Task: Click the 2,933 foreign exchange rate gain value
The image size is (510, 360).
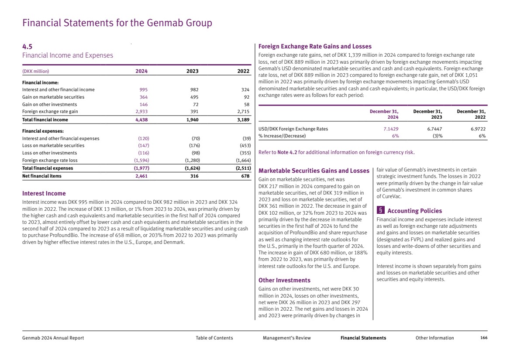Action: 141,112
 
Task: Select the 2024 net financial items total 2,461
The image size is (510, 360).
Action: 141,176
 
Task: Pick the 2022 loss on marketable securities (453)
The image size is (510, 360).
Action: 245,146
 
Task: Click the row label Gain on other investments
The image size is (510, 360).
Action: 49,105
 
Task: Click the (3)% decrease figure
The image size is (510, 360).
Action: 436,136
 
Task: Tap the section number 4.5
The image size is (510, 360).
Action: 27,46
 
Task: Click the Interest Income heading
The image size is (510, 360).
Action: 44,193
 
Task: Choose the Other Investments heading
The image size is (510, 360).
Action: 284,280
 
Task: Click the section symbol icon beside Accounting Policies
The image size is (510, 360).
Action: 381,211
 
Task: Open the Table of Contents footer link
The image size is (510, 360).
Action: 214,338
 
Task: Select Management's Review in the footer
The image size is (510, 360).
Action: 287,338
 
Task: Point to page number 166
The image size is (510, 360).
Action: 483,338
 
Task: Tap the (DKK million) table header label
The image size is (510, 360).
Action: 36,71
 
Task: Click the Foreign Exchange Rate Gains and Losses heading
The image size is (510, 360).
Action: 315,46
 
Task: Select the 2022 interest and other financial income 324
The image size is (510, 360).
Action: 245,90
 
